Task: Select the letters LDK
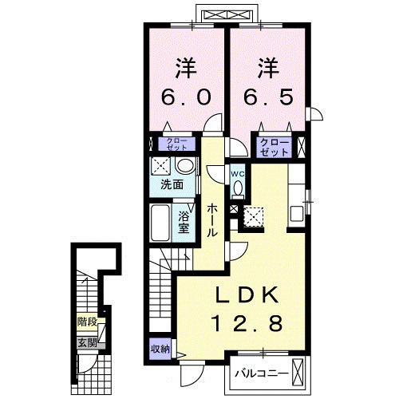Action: point(248,296)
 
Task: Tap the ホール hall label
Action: point(213,221)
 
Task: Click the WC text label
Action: point(237,173)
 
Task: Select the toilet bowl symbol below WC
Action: point(237,189)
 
